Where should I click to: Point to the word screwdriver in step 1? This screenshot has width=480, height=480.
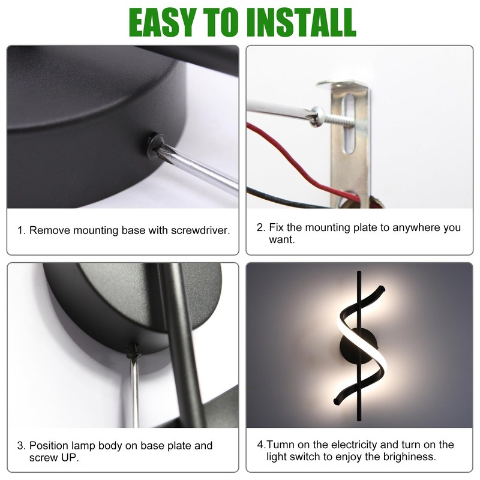click(x=200, y=230)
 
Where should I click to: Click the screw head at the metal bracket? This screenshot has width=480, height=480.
click(x=317, y=116)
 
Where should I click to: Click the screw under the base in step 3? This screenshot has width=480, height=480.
click(x=133, y=352)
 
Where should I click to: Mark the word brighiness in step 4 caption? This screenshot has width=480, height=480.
click(x=409, y=457)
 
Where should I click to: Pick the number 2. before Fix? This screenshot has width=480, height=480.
click(x=261, y=227)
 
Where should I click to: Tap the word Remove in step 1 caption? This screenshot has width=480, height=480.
click(x=50, y=230)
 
